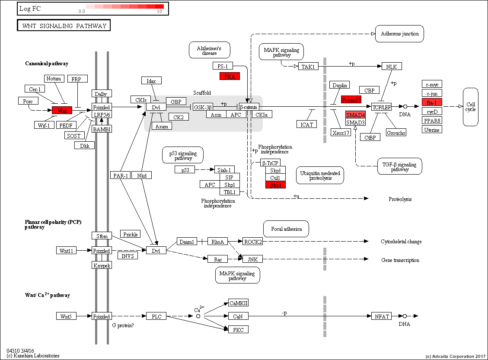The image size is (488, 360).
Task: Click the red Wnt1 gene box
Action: [62, 110]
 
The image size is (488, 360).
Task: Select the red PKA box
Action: [230, 76]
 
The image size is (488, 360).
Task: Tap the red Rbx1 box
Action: [275, 185]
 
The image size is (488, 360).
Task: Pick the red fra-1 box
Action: [432, 102]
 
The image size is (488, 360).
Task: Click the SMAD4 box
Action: [355, 115]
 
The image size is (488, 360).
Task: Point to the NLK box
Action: [392, 66]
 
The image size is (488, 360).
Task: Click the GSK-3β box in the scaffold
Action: [203, 107]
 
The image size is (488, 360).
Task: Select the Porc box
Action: [28, 101]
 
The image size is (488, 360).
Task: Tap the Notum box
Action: [54, 78]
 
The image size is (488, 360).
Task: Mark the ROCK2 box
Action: [252, 241]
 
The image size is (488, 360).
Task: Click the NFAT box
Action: [382, 316]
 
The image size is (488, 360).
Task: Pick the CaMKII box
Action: [238, 303]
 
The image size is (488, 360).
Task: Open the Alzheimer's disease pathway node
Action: [209, 50]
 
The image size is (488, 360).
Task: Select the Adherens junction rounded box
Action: [399, 34]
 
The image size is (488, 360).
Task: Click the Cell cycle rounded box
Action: [470, 107]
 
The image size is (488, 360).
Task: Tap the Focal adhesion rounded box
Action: [286, 229]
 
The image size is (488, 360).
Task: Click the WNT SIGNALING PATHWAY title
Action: [64, 26]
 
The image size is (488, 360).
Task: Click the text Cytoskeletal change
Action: [401, 242]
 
